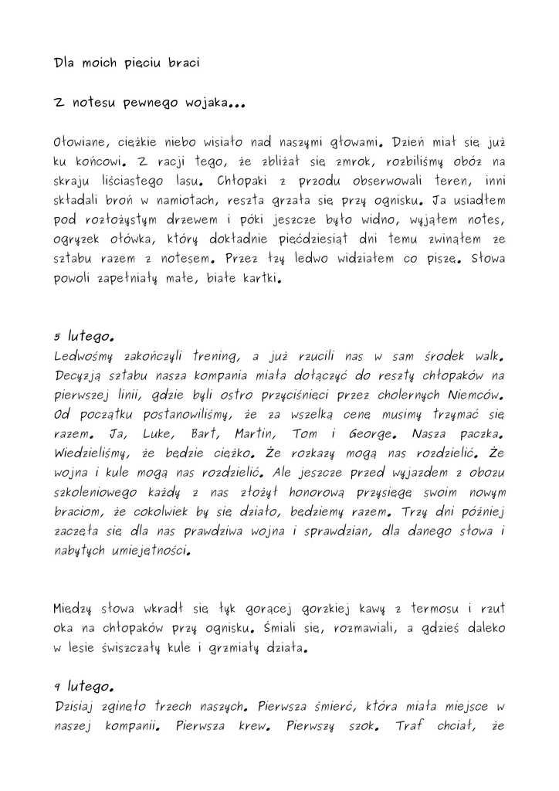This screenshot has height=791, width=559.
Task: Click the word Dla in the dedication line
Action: pyautogui.click(x=67, y=63)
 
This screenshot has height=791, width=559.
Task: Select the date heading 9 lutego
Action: pyautogui.click(x=85, y=685)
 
